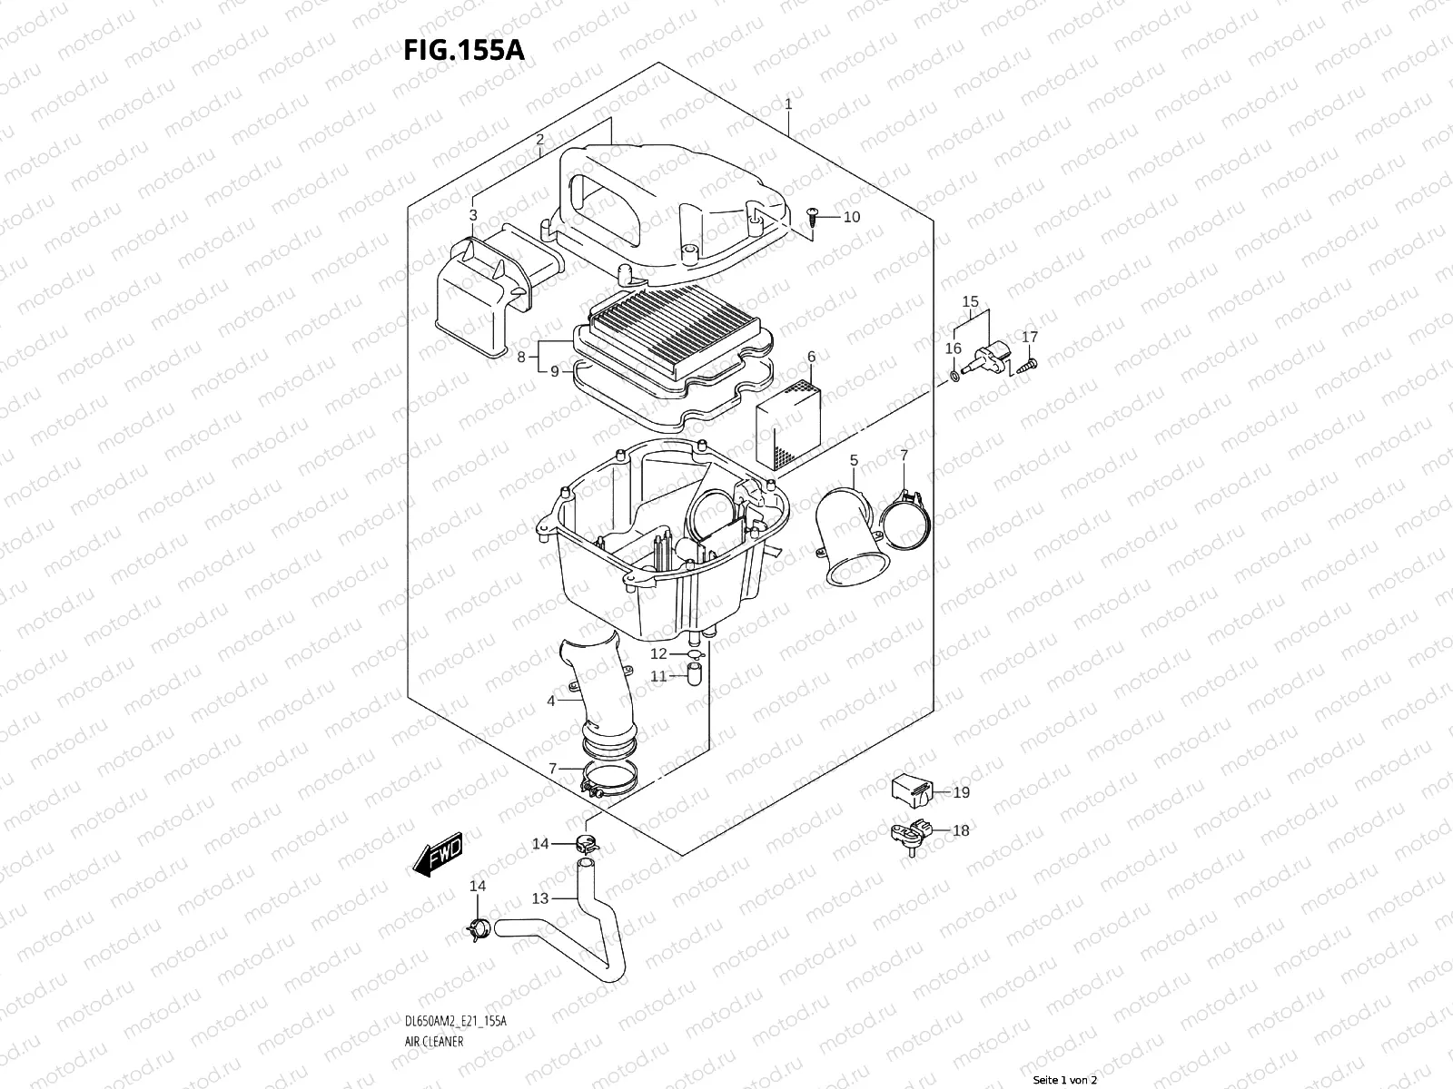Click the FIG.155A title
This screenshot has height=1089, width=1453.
pyautogui.click(x=464, y=51)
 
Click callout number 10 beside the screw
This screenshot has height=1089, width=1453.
pyautogui.click(x=851, y=217)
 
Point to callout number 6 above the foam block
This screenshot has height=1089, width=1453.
pyautogui.click(x=811, y=357)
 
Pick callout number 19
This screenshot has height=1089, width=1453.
pyautogui.click(x=961, y=792)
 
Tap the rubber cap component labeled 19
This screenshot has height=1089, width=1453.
pyautogui.click(x=910, y=790)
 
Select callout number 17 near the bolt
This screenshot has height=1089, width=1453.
pyautogui.click(x=1029, y=337)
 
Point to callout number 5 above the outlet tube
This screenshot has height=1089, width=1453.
pyautogui.click(x=854, y=461)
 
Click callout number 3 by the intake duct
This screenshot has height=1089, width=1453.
pyautogui.click(x=473, y=215)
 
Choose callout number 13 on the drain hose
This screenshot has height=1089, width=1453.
pyautogui.click(x=540, y=898)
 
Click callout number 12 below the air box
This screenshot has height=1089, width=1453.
pyautogui.click(x=658, y=653)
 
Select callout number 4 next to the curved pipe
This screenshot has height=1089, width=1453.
pyautogui.click(x=550, y=701)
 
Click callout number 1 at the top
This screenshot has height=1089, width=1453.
pyautogui.click(x=788, y=104)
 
